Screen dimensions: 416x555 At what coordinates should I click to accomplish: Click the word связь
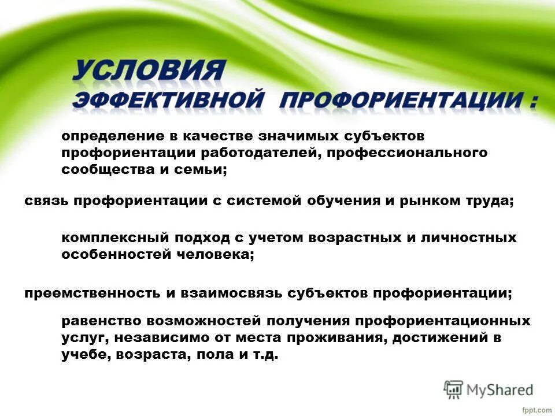(47, 200)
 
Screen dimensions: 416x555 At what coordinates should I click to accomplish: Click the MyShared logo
(489, 390)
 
